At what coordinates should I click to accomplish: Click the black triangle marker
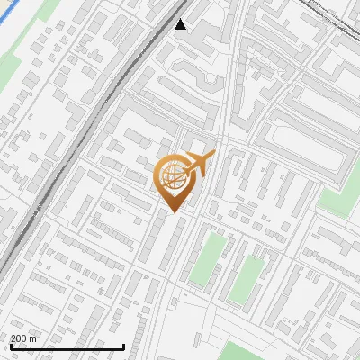point(181,24)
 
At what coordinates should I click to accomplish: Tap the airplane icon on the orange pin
point(200,164)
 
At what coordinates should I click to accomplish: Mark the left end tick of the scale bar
point(10,346)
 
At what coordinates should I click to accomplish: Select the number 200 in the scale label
point(18,338)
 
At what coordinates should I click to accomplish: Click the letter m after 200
point(32,338)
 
